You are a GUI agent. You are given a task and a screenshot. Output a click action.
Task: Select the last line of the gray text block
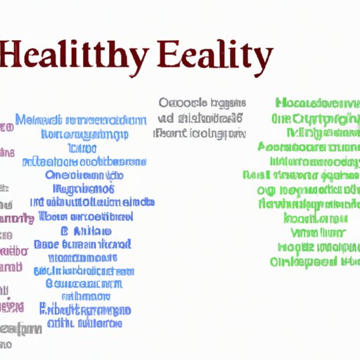coord(200,132)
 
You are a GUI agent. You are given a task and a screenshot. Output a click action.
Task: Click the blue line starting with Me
coord(78,120)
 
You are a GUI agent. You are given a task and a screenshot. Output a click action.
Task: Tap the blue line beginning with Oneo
coord(84,176)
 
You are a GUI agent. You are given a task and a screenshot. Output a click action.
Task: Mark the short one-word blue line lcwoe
coord(82,148)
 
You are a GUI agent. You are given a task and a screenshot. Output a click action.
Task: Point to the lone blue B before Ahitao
coord(63,231)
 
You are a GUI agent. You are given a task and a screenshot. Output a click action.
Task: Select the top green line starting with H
coord(314,103)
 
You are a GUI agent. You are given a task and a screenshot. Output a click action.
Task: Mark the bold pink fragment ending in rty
coord(15,219)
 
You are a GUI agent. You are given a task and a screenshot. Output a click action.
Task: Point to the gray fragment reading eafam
coord(20,328)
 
